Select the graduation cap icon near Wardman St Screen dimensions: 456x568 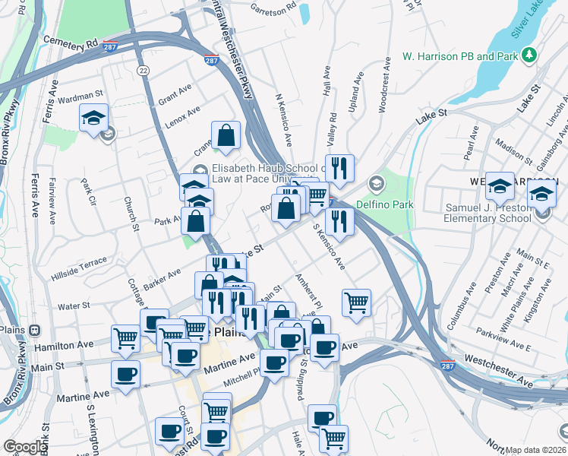94,119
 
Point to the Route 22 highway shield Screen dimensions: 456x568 142,70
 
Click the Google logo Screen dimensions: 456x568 26,446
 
